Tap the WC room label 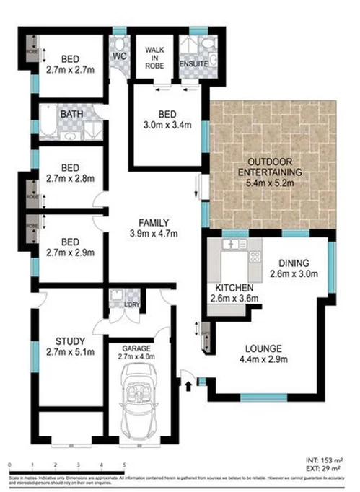(120, 56)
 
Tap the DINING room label (294, 263)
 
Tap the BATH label (70, 115)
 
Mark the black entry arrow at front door (189, 385)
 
